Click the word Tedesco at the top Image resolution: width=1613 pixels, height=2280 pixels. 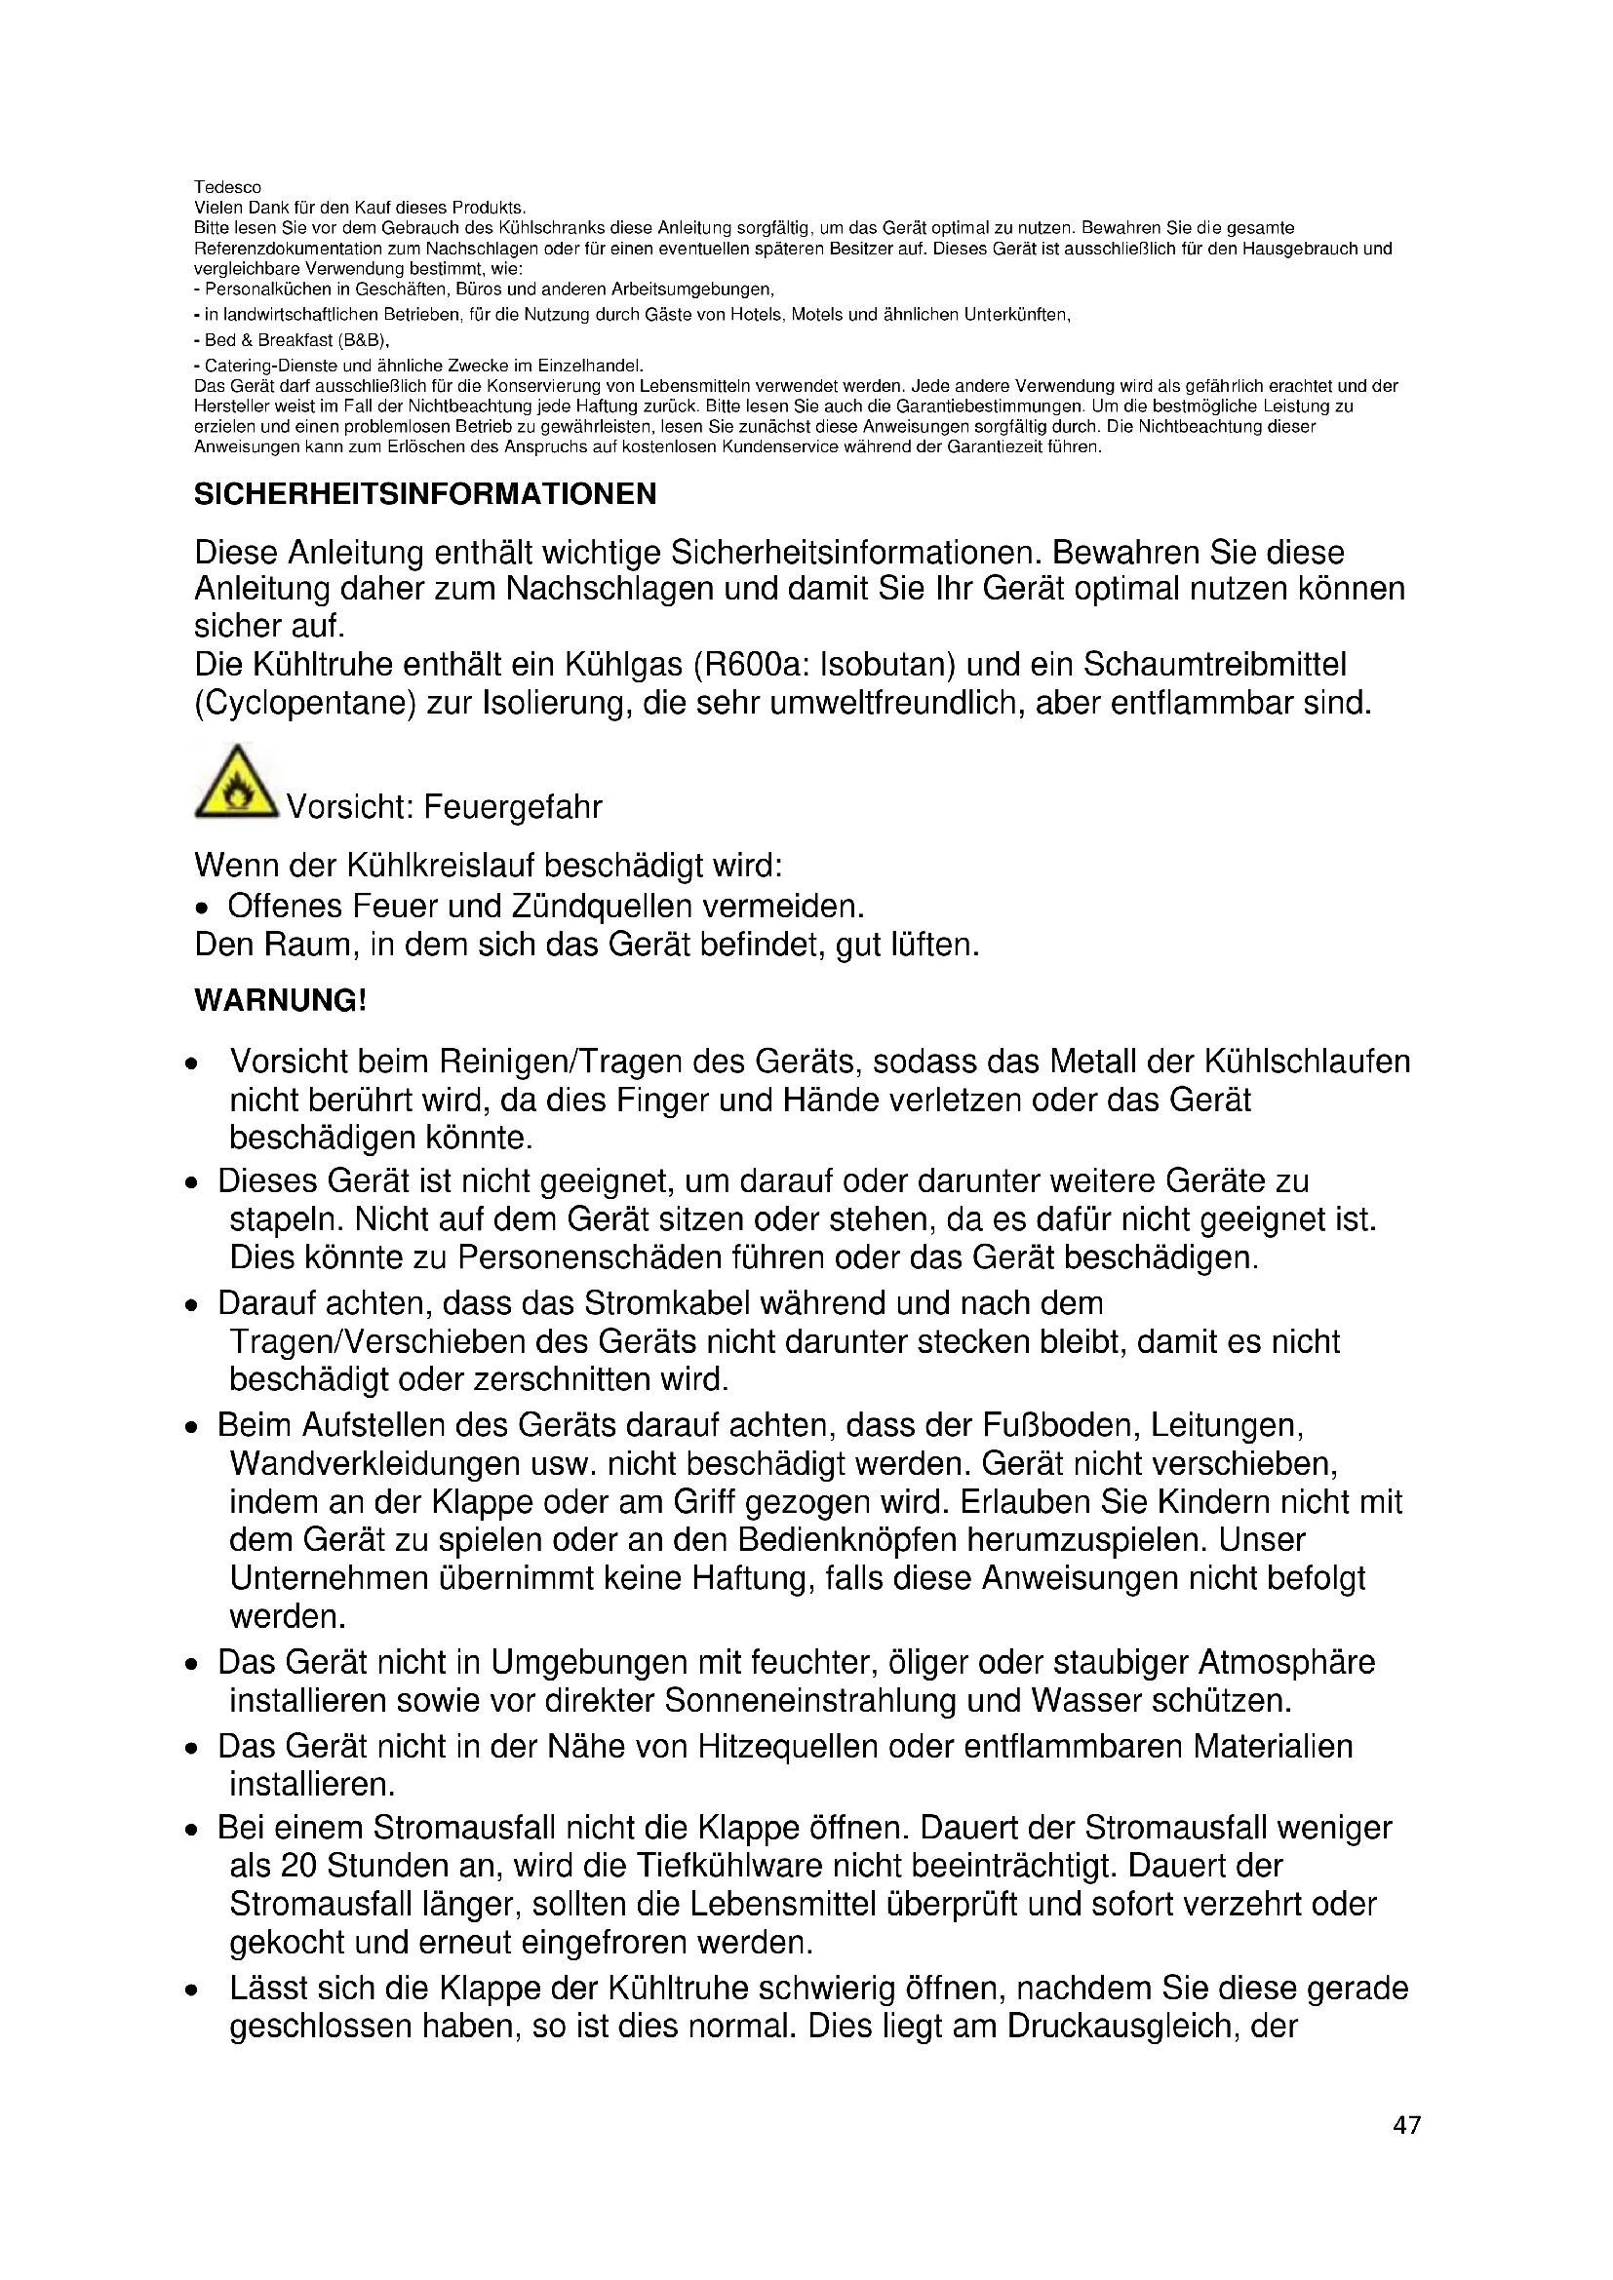[227, 188]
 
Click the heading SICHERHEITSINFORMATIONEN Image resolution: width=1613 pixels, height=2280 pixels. [425, 494]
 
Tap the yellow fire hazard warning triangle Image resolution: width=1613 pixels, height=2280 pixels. [235, 785]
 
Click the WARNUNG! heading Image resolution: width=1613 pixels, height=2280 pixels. [280, 1000]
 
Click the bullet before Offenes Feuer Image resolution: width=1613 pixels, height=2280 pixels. [203, 908]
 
